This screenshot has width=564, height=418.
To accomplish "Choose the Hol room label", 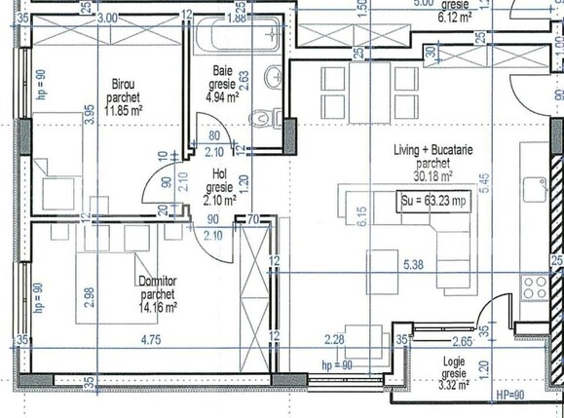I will tap(220, 175).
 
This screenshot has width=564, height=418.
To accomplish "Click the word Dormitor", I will tap(156, 282).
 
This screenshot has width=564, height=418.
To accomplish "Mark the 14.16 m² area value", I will tap(156, 306).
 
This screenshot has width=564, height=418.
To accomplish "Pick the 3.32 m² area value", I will tap(453, 384).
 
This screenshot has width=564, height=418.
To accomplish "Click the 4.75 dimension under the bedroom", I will tap(150, 340).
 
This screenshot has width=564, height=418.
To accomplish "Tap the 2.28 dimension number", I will tap(334, 340).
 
